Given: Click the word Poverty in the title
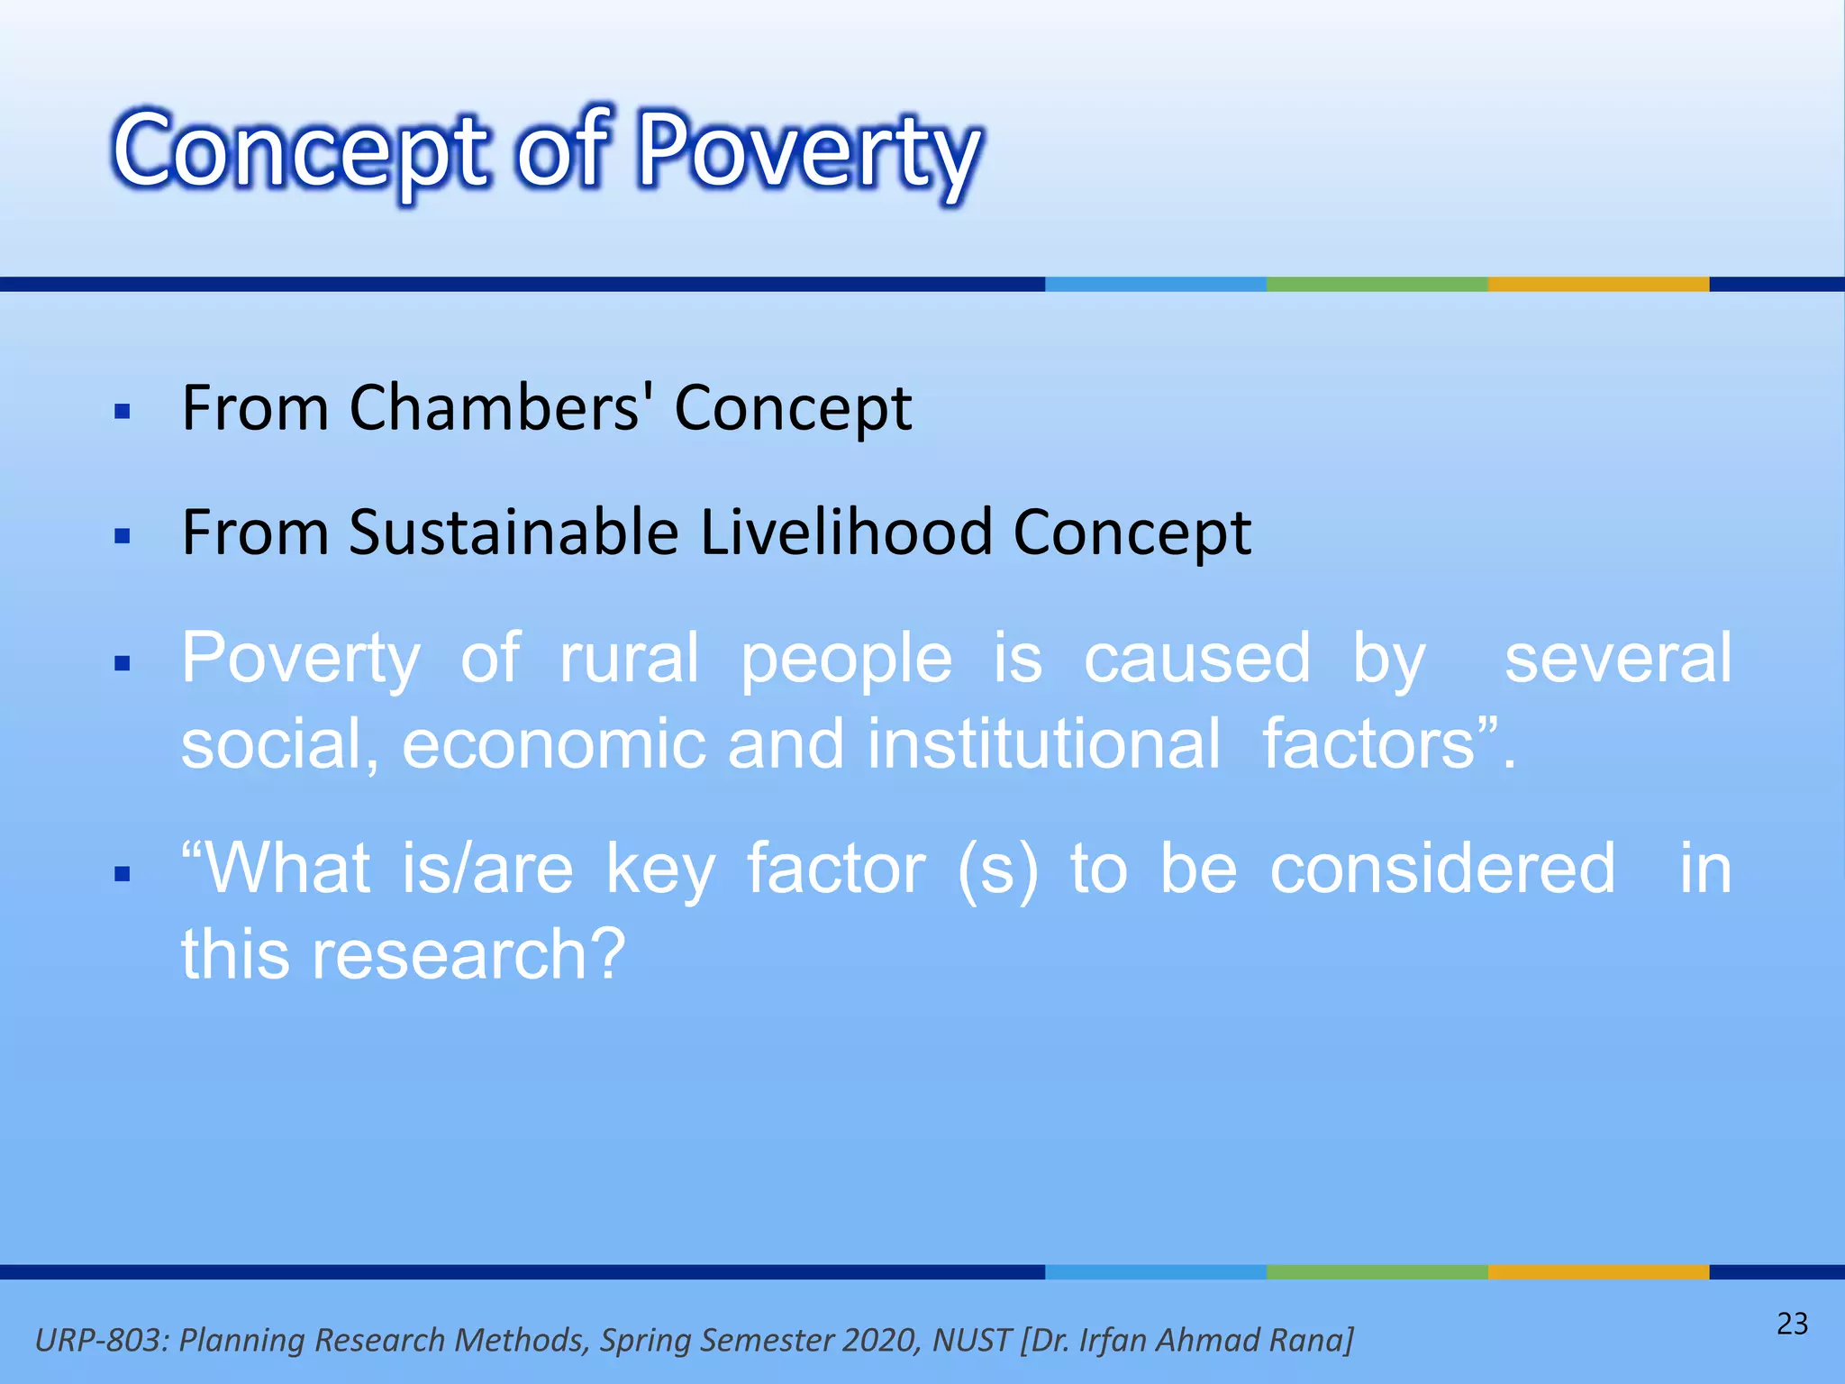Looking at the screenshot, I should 808,151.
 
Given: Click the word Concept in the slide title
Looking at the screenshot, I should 302,151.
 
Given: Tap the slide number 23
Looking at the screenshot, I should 1792,1324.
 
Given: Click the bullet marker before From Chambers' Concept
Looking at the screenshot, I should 123,413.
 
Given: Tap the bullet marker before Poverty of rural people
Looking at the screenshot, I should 123,664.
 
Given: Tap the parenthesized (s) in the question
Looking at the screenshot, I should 997,870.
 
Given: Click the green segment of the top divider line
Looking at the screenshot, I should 1377,284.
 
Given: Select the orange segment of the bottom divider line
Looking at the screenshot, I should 1598,1271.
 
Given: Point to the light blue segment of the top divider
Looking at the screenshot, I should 1155,284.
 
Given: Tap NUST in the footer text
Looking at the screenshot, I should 971,1340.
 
